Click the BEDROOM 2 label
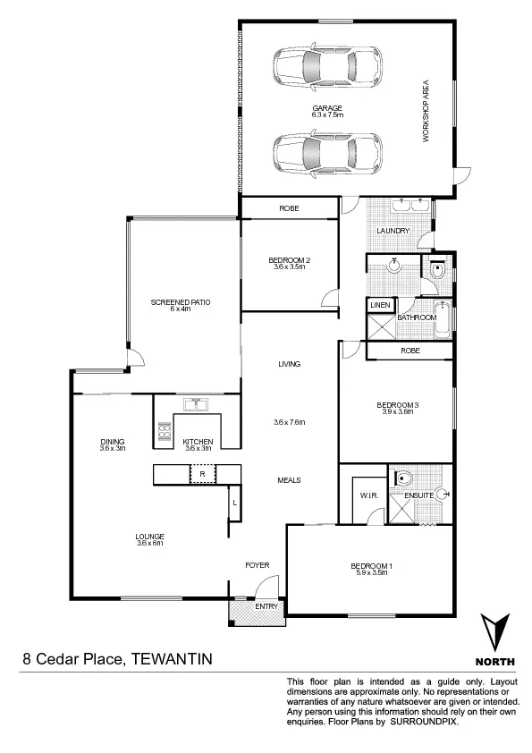click(x=289, y=260)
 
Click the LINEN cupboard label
click(x=380, y=306)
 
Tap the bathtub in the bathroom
click(x=444, y=327)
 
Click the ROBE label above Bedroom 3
click(x=410, y=351)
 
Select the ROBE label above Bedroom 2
click(x=289, y=208)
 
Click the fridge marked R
click(x=203, y=472)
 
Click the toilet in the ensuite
click(x=402, y=476)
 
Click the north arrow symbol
click(x=497, y=633)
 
